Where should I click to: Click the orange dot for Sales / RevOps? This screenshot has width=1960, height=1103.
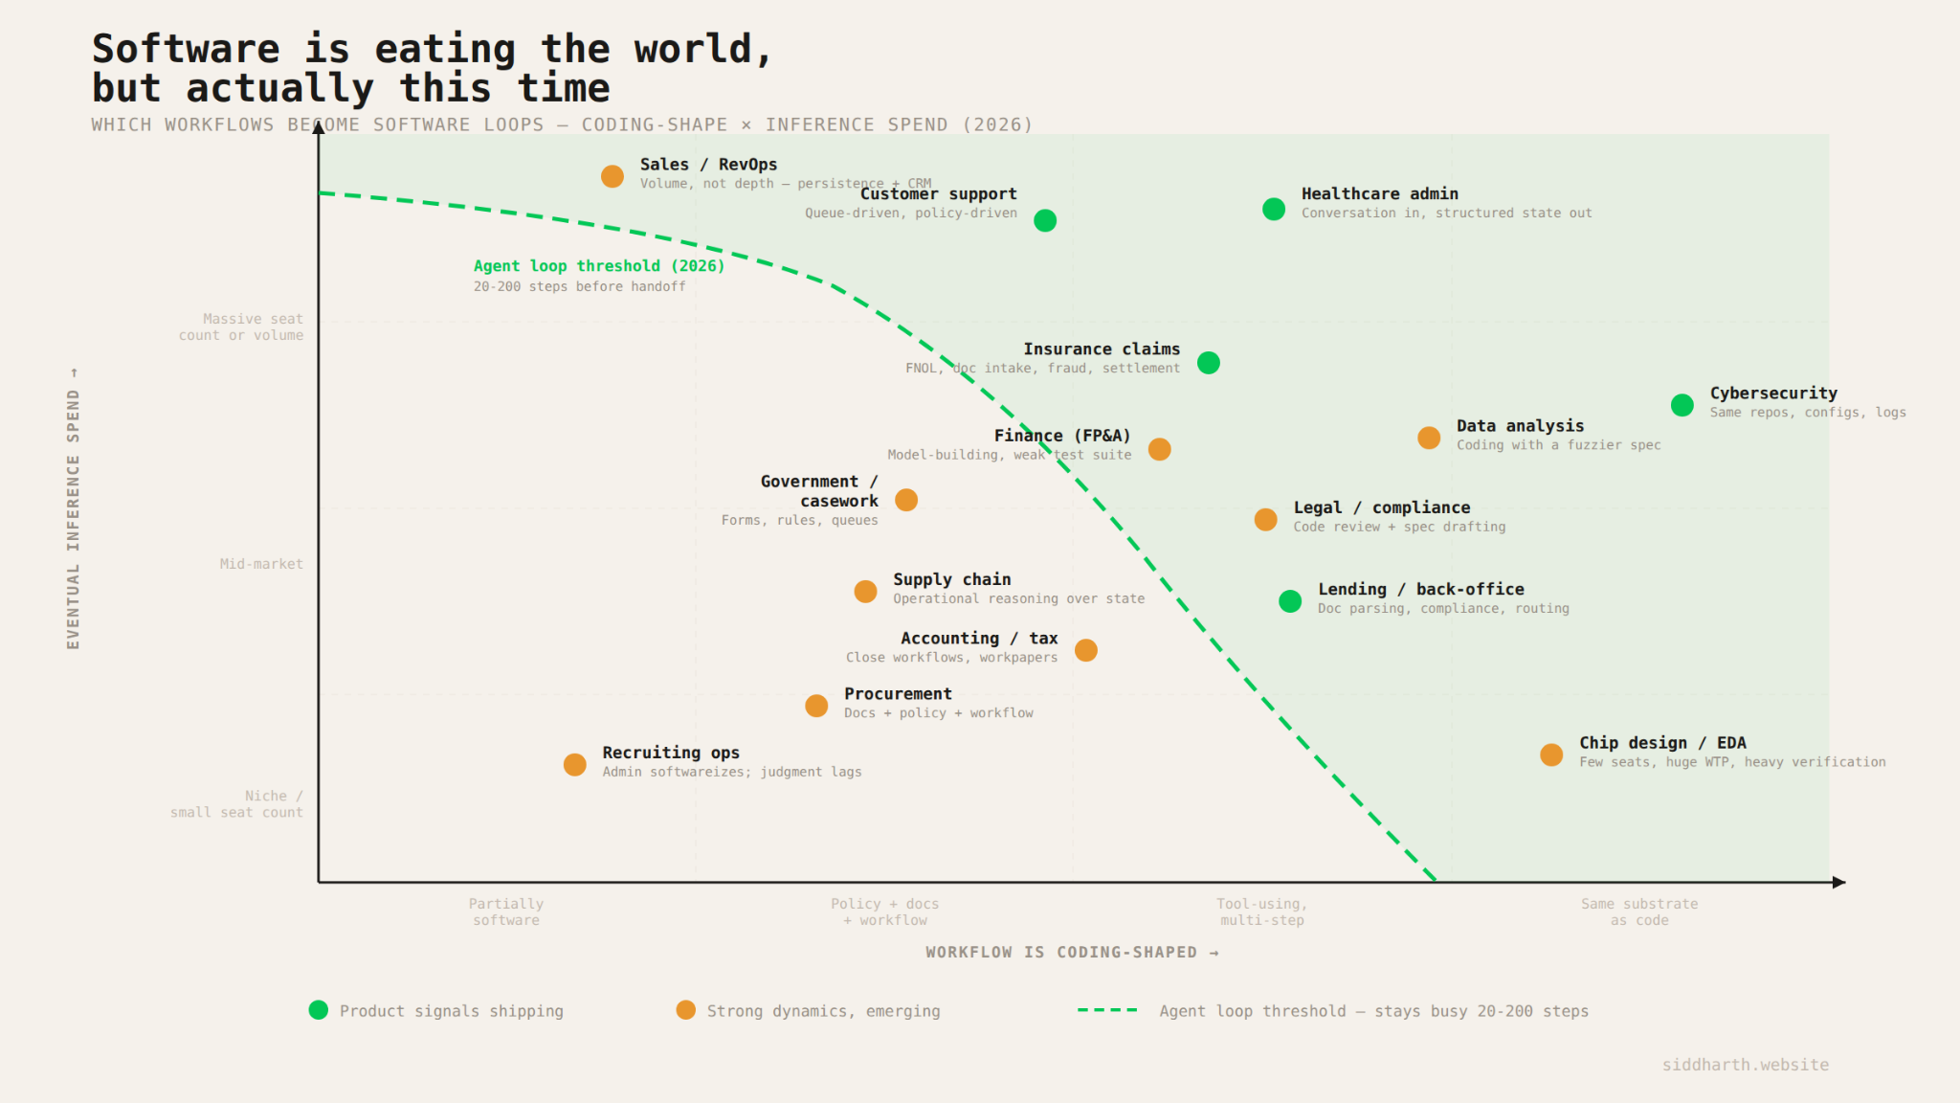612,176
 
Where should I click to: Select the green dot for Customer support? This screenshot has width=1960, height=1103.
1045,221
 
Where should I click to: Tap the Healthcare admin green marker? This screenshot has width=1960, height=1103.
1274,210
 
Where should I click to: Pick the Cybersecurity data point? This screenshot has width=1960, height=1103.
1682,406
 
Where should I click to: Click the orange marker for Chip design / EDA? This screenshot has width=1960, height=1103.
1551,754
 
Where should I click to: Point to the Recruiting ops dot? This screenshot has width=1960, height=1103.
575,765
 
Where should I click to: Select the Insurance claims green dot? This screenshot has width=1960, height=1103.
1209,363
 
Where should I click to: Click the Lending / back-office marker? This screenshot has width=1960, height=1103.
1290,601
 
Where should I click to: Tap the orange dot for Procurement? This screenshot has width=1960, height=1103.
816,706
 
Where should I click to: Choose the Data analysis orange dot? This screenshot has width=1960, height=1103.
1429,438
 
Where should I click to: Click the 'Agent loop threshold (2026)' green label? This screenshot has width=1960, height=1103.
599,266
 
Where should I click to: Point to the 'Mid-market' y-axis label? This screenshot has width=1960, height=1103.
261,564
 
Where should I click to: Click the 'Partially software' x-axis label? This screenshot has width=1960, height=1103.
506,912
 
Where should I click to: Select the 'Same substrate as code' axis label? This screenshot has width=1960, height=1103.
1639,912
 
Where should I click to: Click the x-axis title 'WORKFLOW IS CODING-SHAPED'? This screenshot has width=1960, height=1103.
1061,952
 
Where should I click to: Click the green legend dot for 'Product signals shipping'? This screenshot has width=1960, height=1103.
319,1010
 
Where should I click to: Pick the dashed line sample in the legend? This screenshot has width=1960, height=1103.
1107,1010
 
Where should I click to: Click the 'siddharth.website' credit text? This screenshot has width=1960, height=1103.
1745,1065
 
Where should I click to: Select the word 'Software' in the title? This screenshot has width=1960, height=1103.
186,49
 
